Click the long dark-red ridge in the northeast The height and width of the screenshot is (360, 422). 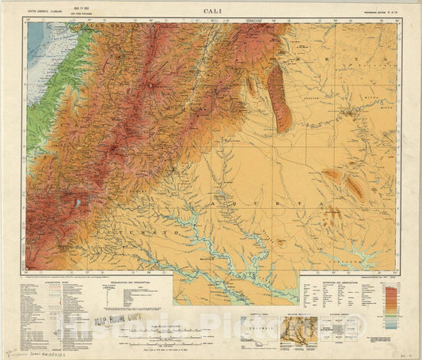click(279, 96)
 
